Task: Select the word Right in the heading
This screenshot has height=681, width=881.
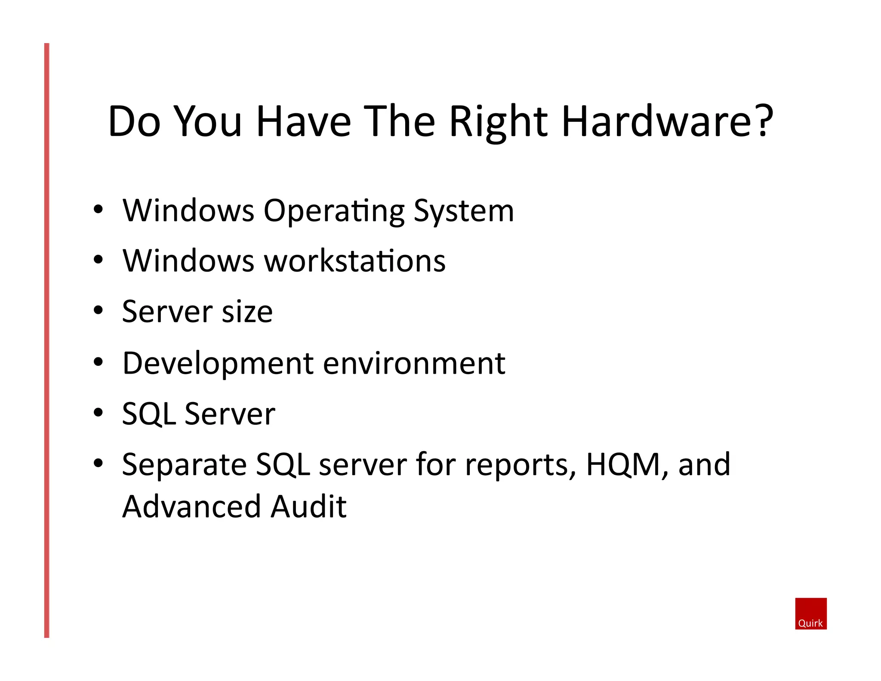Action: click(x=498, y=123)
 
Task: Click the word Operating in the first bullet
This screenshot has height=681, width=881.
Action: click(x=334, y=212)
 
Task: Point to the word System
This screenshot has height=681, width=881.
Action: click(x=463, y=212)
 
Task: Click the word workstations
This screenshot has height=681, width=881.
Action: click(x=354, y=261)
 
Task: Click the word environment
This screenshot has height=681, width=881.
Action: click(x=413, y=364)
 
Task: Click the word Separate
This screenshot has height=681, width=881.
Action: click(x=184, y=465)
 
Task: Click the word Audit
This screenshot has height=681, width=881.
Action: click(x=308, y=507)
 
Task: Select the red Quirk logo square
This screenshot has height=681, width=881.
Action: click(x=810, y=613)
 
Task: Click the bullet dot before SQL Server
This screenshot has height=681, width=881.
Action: click(x=99, y=413)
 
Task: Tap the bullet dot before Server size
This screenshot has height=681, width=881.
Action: click(x=99, y=310)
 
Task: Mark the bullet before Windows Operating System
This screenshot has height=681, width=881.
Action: click(x=99, y=210)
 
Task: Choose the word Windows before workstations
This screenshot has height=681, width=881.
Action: click(x=188, y=261)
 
